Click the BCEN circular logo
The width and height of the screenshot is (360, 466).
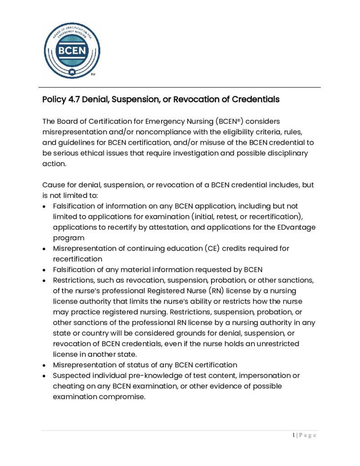pos(72,50)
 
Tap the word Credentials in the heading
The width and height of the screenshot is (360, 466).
pos(256,99)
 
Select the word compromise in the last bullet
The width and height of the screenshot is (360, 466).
pos(124,396)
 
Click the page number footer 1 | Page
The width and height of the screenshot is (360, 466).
pos(304,436)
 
